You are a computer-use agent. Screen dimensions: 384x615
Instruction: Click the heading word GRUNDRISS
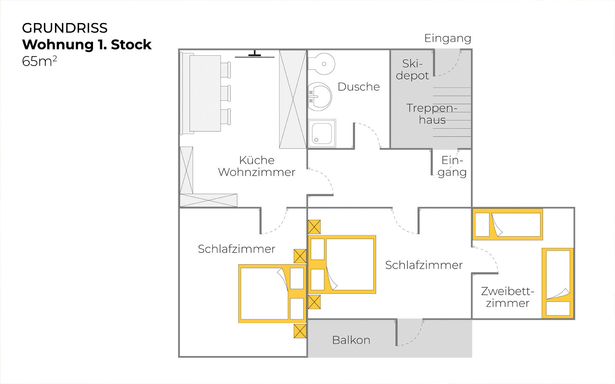coord(65,28)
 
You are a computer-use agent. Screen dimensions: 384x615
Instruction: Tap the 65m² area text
coord(39,61)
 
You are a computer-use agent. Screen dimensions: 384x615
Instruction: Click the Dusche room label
coord(358,87)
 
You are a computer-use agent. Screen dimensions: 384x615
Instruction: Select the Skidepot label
coord(412,70)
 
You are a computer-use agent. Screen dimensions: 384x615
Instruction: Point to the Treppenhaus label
coord(432,114)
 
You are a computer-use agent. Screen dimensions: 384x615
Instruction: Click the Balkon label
coord(351,340)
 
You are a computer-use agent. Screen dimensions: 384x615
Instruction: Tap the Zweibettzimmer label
coord(507,297)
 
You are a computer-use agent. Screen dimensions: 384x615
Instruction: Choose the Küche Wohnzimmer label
coord(256,166)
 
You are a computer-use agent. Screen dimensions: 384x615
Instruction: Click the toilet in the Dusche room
coord(321,64)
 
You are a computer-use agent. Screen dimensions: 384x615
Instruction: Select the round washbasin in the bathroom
coord(320,96)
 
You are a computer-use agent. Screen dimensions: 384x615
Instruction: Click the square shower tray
coord(322,133)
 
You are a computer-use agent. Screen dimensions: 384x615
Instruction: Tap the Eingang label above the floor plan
coord(447,38)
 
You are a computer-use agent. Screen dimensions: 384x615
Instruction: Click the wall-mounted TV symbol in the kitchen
coord(254,55)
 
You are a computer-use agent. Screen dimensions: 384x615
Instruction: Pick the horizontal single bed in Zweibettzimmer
coord(507,224)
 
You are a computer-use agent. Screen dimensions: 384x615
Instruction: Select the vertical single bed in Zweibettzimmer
coord(558,283)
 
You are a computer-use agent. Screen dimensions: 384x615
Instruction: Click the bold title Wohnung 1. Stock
coord(87,45)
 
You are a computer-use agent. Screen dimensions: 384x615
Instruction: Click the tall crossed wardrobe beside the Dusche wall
coord(293,99)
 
